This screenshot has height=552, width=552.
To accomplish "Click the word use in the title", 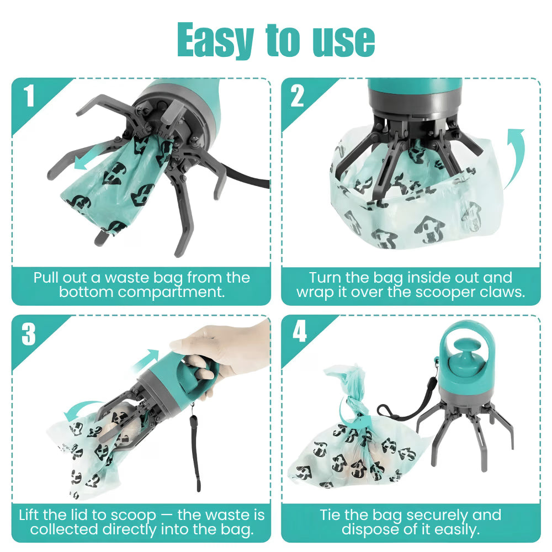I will pos(343,40).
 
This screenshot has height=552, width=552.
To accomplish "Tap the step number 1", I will pos(29,95).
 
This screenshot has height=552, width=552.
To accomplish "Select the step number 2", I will pos(298,95).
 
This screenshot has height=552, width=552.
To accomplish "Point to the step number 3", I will pos(29,334).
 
